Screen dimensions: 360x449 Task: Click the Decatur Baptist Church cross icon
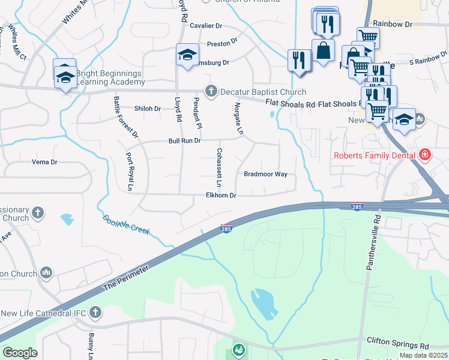(210, 92)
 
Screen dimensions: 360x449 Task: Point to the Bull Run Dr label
(184, 142)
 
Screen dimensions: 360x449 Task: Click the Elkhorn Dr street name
(221, 196)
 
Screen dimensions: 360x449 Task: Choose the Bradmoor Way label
(265, 175)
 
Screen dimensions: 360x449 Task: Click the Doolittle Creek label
(125, 225)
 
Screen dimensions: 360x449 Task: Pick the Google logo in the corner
(20, 353)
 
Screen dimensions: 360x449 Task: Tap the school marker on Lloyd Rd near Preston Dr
(187, 56)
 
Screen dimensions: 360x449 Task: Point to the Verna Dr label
(44, 162)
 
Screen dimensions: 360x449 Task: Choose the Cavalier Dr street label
(206, 26)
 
